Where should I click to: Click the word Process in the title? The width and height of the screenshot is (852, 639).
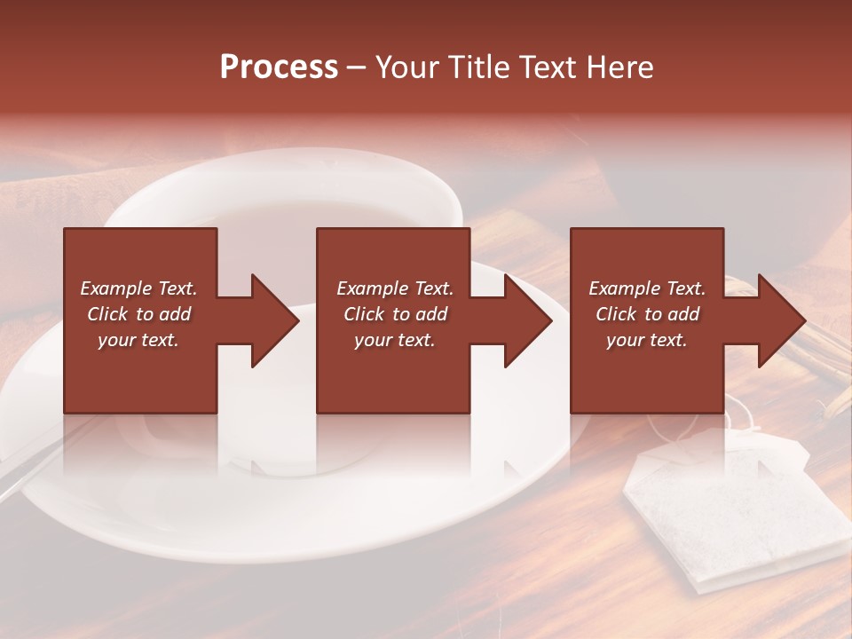(279, 67)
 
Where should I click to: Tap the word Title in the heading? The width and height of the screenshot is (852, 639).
(476, 67)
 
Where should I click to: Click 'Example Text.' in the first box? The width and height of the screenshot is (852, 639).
(138, 288)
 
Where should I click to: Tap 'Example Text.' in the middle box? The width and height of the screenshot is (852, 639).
(394, 288)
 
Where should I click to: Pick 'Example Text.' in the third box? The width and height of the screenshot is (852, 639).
(647, 288)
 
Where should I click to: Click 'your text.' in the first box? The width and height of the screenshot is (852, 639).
(138, 340)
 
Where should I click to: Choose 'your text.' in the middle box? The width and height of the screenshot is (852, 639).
(394, 340)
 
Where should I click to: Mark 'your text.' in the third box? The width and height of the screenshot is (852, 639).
(647, 340)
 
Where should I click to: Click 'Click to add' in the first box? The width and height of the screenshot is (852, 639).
(138, 314)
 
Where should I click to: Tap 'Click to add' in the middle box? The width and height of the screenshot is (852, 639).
(394, 314)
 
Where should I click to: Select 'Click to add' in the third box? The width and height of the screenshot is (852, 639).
(647, 314)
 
